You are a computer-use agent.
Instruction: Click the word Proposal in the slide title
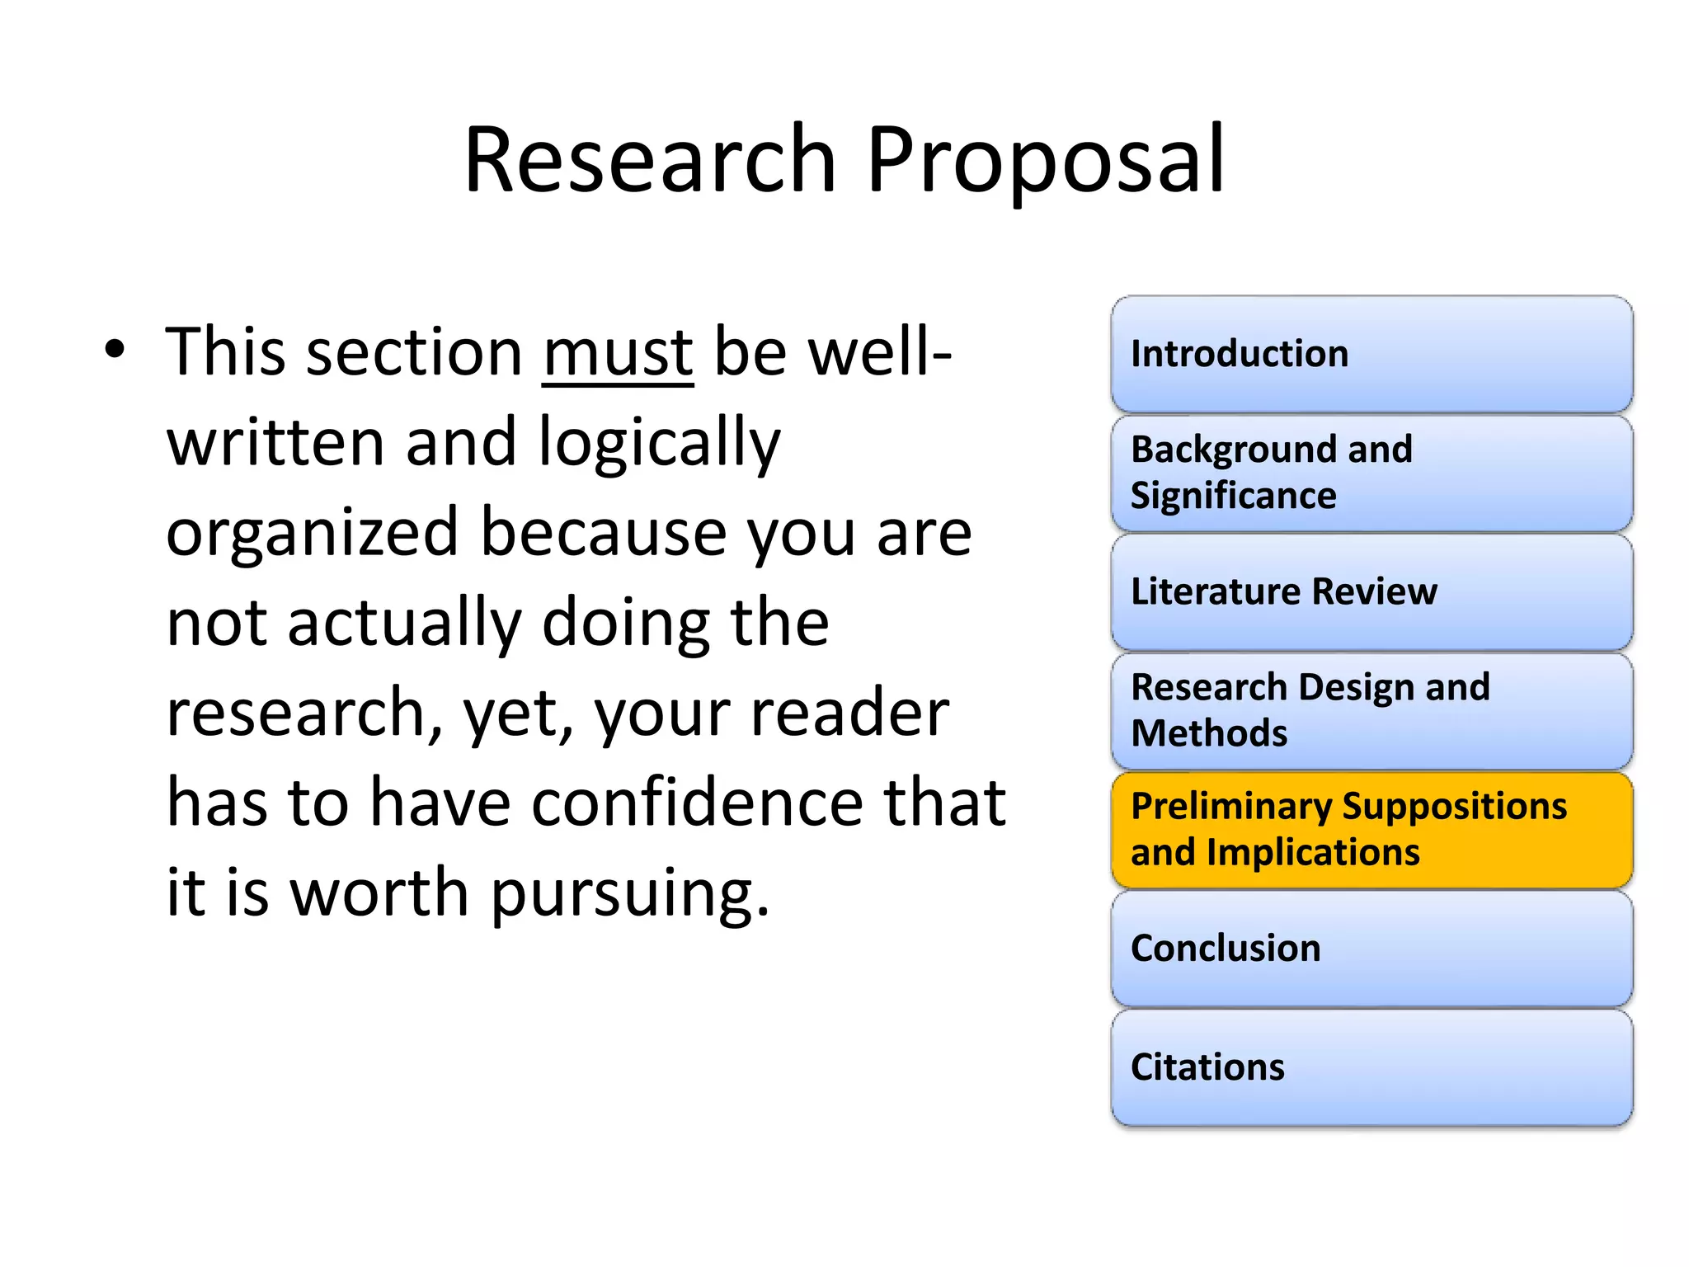tap(1045, 162)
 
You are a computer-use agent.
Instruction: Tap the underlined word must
tap(618, 353)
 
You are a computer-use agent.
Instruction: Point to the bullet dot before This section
tap(115, 349)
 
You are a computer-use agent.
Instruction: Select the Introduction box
tap(1371, 355)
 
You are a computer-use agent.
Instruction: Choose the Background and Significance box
tap(1371, 473)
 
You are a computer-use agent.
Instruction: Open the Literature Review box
tap(1371, 592)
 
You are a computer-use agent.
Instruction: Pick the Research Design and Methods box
tap(1371, 711)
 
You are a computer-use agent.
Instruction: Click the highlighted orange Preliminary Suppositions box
tap(1371, 830)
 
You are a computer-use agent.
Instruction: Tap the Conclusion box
tap(1371, 949)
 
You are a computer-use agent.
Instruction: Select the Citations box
tap(1371, 1067)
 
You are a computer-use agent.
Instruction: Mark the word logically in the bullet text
tap(659, 445)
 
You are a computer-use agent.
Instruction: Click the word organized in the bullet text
tap(312, 534)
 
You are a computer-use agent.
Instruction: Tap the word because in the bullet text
tap(603, 534)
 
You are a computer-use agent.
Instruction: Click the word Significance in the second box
tap(1233, 497)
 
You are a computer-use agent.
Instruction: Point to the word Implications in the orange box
tap(1313, 853)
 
